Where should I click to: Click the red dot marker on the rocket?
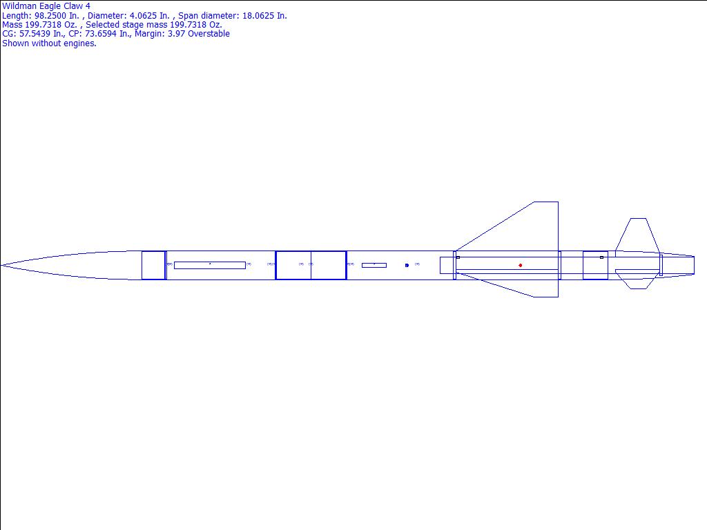[x=521, y=266]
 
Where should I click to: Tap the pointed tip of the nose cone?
[x=1, y=266]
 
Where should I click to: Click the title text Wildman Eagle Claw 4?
[x=46, y=6]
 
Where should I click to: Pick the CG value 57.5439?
[x=35, y=34]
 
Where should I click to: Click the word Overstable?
[x=209, y=34]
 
